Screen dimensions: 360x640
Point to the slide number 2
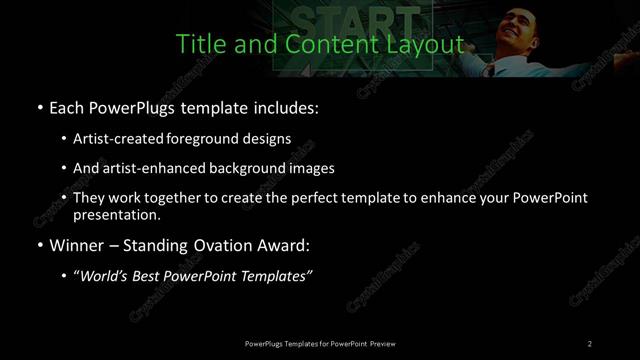pos(590,344)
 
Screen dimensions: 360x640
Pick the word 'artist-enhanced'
pos(157,168)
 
